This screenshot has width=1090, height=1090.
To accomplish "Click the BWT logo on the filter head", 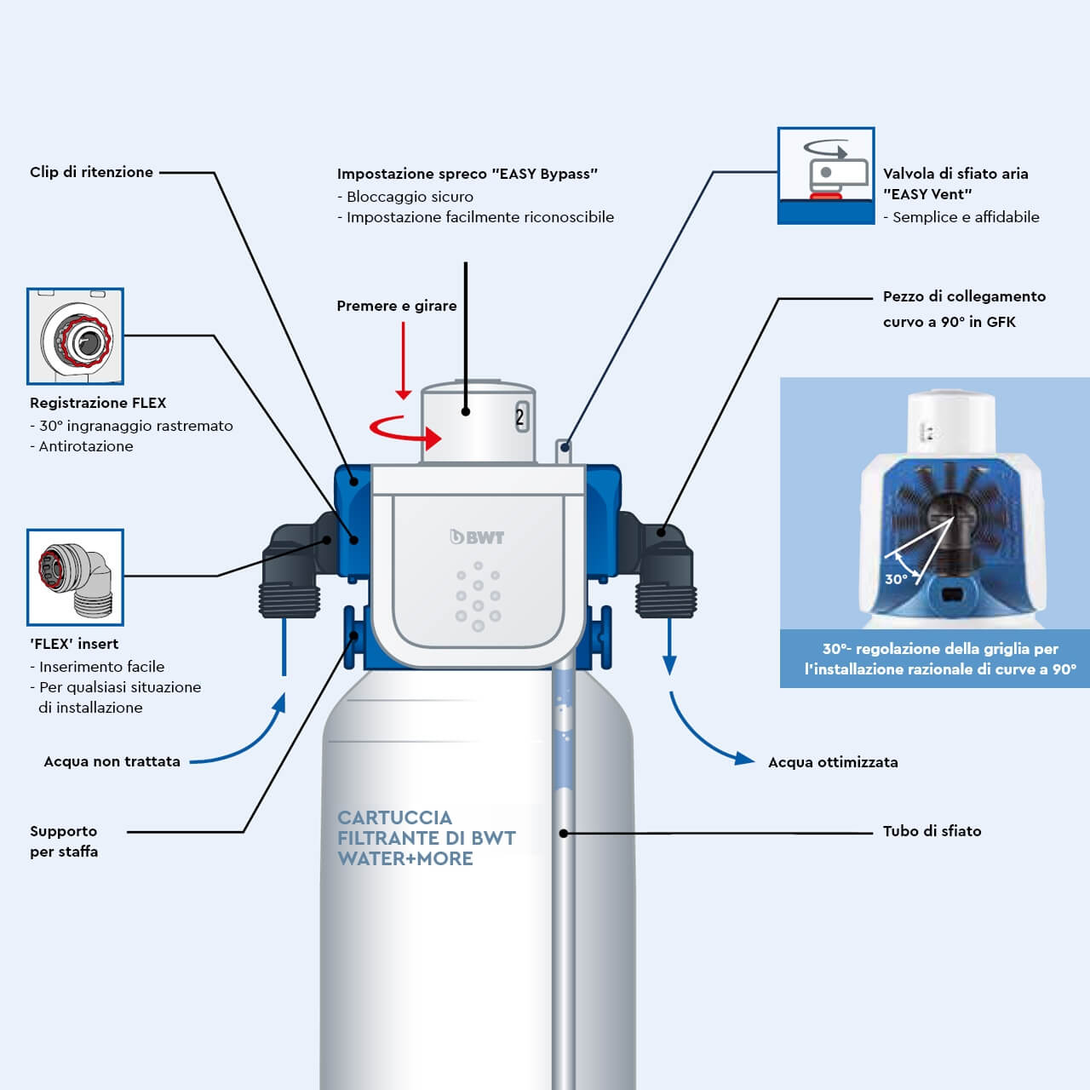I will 477,537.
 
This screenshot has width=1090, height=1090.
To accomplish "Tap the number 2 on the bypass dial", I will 519,417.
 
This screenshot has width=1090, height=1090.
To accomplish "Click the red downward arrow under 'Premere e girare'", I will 404,362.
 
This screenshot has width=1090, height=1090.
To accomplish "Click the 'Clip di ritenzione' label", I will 91,172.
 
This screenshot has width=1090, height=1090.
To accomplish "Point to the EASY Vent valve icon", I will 825,176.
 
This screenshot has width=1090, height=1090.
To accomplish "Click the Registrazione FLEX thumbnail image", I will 75,336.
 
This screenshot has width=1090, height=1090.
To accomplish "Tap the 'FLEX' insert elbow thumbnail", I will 75,577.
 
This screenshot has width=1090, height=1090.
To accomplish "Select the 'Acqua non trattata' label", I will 112,761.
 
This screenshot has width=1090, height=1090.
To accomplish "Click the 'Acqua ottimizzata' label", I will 832,762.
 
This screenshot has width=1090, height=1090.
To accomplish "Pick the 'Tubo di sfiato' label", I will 932,831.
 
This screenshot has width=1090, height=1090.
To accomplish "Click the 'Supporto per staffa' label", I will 64,841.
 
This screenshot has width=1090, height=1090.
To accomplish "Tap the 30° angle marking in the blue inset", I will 896,579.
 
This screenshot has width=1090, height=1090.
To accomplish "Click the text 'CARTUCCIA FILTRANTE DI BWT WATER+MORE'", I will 426,838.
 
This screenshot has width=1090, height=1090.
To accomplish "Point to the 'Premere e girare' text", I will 396,306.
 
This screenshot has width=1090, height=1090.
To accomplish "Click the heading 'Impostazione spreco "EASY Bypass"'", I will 467,174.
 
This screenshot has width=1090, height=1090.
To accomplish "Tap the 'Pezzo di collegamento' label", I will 963,297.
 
